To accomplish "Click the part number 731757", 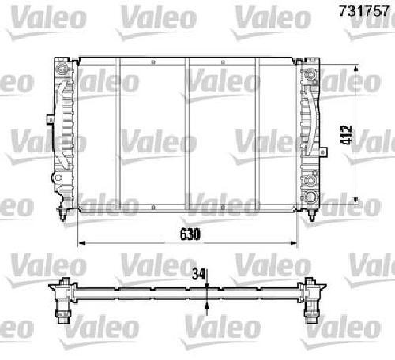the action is [364, 11].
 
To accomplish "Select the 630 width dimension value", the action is [190, 234].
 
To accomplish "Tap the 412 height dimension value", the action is [346, 135].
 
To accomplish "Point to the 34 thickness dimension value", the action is [198, 274].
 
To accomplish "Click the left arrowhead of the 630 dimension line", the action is [82, 242].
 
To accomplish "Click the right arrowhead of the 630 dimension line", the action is [293, 242].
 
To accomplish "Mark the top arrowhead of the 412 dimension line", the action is [355, 69].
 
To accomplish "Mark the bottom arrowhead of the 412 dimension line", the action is [355, 200].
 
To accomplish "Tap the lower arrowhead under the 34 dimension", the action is [208, 306].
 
